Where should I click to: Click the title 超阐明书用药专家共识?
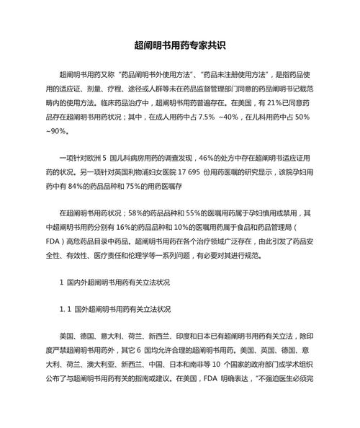pos(180,45)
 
